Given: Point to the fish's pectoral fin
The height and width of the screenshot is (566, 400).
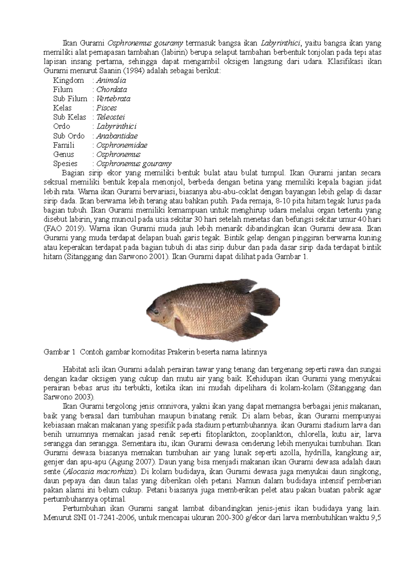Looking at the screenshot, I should (x=180, y=326).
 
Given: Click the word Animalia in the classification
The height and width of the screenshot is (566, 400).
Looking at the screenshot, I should (x=111, y=80).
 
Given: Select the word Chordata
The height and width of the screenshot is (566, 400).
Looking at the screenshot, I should (x=112, y=89).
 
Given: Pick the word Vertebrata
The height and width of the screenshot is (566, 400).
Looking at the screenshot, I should (x=113, y=99).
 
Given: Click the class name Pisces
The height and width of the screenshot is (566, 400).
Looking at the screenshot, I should (x=107, y=108).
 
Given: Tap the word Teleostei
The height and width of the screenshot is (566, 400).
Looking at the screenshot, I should (x=111, y=117).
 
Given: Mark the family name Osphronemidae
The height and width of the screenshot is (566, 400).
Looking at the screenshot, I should (x=122, y=145).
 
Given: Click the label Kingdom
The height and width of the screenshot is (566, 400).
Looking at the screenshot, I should (x=68, y=80).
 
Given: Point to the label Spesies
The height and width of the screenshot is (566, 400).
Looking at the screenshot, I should (x=65, y=164).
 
